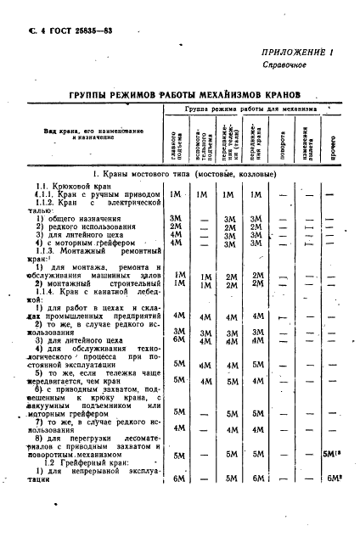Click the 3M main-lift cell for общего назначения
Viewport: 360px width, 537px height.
pos(177,219)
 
